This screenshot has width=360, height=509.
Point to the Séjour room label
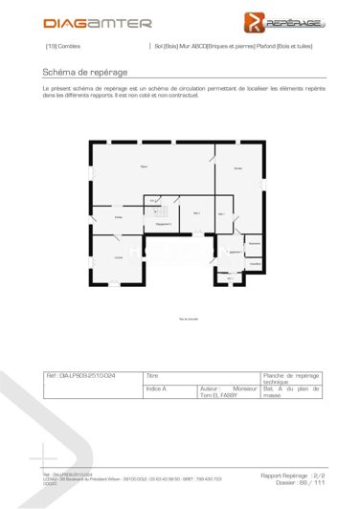coord(144,168)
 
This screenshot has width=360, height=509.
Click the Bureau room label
coord(237,168)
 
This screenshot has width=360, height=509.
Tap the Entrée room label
coord(119,218)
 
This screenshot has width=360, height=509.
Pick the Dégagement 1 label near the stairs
coord(163,223)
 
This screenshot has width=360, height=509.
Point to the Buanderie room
coord(254,244)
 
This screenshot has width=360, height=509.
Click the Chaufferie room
coord(255,264)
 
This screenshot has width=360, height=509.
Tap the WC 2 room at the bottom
coord(230,278)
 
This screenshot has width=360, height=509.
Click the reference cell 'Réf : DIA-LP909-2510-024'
coord(93,377)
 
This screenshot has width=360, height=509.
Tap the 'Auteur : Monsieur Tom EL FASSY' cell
coord(228,393)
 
